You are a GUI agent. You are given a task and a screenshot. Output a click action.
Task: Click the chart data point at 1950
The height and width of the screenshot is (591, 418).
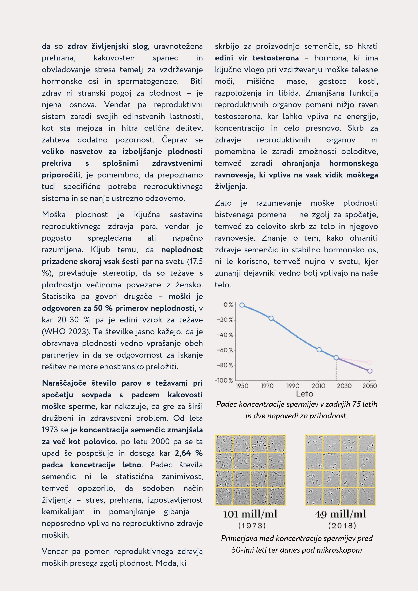coord(242,305)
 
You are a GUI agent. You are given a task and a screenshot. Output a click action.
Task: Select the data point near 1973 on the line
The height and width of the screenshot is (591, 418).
coord(271,318)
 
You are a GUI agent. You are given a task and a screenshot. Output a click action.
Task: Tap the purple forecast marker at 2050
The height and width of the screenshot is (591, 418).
coord(370,371)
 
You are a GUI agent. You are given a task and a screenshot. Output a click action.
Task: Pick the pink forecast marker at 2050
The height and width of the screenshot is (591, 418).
coord(370,362)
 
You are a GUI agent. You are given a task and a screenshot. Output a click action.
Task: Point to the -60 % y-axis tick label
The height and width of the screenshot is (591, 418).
coord(225,350)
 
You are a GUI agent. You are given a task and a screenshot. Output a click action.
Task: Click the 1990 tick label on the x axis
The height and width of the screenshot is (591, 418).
coord(293,386)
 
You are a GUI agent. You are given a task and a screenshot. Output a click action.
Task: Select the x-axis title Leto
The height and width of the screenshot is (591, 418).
coord(304,394)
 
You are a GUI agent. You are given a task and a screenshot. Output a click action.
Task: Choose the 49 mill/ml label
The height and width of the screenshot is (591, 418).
coord(340,514)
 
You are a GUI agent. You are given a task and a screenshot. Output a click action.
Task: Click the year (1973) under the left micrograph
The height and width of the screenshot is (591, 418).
coord(252,525)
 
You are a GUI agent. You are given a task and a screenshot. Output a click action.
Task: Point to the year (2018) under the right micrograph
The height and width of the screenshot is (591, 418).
coord(342,525)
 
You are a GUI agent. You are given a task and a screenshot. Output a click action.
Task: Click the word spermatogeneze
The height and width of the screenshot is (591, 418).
coord(148,81)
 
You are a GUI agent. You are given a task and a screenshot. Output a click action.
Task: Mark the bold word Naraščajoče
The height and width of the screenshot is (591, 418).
coord(64,383)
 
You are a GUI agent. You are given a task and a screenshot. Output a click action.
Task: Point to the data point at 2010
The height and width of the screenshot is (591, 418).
coord(319,350)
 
